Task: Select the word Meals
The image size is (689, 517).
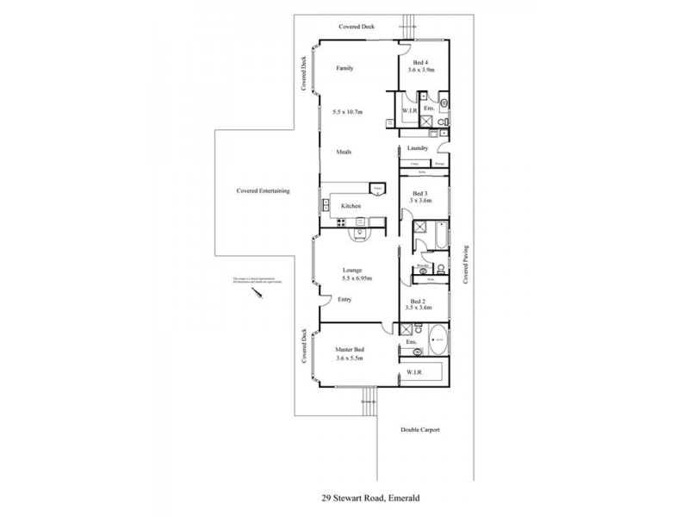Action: [x=346, y=152]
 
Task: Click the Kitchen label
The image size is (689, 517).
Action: [x=351, y=207]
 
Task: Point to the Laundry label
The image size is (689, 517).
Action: [x=419, y=148]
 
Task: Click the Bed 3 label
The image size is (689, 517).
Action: [x=420, y=193]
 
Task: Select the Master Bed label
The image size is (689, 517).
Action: [x=350, y=350]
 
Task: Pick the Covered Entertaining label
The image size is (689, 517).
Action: [x=264, y=190]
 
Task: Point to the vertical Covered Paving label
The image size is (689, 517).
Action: [x=466, y=264]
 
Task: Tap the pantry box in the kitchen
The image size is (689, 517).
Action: [x=376, y=189]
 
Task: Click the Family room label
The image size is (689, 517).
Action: [x=345, y=68]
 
